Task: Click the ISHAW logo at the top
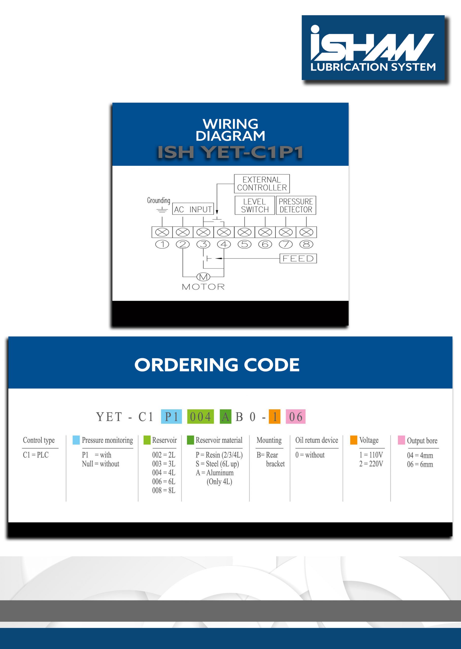click(373, 48)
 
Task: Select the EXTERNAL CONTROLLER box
click(262, 184)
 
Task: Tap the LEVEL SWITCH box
click(255, 205)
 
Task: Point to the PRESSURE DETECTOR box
click(296, 205)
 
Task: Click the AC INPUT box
click(193, 209)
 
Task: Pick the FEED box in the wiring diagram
click(298, 258)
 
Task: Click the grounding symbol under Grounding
click(162, 210)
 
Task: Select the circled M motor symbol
click(203, 277)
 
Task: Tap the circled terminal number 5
click(244, 244)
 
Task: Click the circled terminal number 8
click(306, 244)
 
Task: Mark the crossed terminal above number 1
click(162, 232)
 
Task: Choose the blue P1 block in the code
click(171, 417)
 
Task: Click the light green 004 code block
click(200, 417)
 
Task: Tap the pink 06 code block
click(296, 417)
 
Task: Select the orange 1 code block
click(275, 417)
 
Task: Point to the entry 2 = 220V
click(371, 464)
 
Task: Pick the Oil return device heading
click(317, 440)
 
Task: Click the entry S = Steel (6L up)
click(217, 464)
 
